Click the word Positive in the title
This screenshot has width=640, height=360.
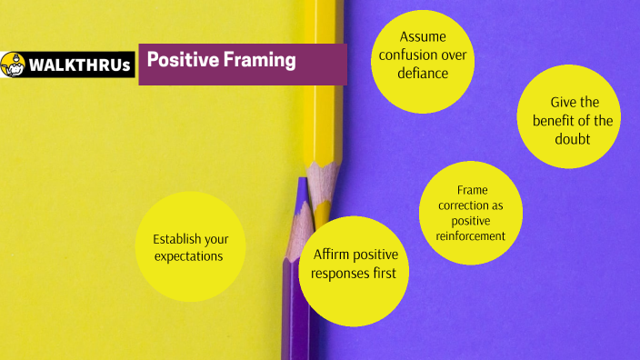[178, 61]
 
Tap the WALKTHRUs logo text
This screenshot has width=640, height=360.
[80, 65]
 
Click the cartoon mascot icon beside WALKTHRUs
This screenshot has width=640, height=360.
[13, 65]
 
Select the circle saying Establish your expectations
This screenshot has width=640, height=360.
[191, 246]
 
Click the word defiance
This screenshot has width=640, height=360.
[423, 74]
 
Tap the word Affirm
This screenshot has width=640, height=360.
[332, 255]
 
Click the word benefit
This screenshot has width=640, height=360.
[553, 121]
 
